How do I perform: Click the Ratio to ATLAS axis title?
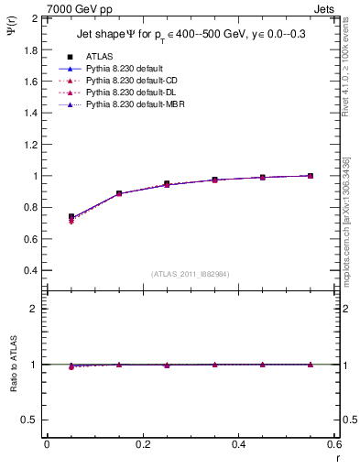click(x=13, y=364)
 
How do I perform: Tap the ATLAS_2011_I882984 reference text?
click(x=190, y=274)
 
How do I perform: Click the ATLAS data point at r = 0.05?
click(x=71, y=217)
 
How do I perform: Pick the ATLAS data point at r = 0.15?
click(x=119, y=193)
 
